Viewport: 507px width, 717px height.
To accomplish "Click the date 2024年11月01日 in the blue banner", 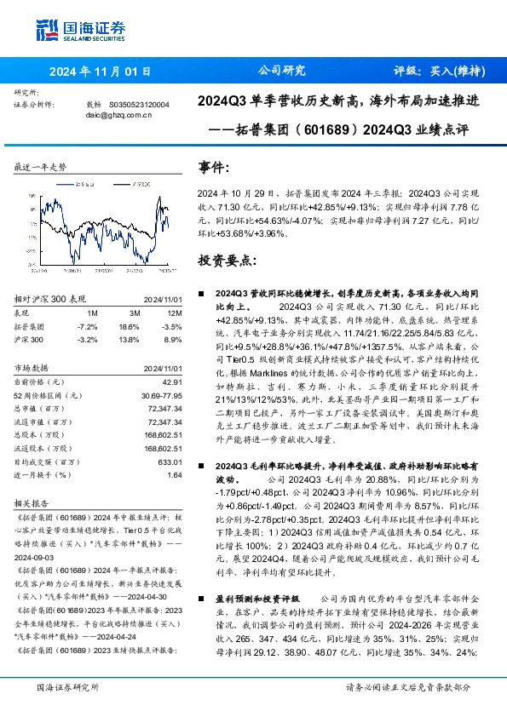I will [101, 71].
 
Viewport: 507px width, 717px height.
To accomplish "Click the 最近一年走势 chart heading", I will [41, 167].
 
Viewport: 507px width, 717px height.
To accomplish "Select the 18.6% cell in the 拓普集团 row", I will [129, 326].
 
